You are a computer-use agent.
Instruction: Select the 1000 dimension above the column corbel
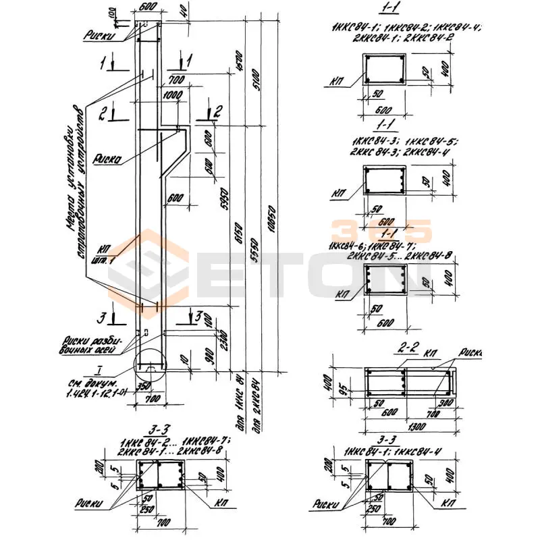(x=173, y=95)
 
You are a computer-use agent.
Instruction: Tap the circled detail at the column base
(x=149, y=367)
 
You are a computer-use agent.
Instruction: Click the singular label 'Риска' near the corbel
(x=108, y=160)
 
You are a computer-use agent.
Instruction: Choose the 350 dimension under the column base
(x=142, y=387)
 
